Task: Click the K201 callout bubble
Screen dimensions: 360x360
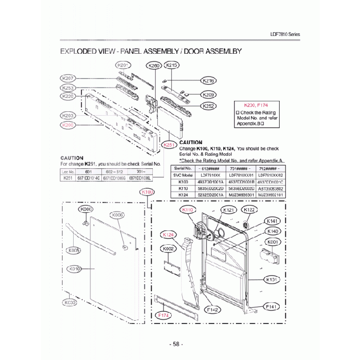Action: pyautogui.click(x=124, y=65)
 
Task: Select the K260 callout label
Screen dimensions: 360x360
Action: pyautogui.click(x=154, y=65)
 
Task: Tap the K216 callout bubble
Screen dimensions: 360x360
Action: pyautogui.click(x=209, y=80)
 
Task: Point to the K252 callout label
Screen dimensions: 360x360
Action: pyautogui.click(x=209, y=106)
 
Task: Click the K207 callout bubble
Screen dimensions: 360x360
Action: pyautogui.click(x=69, y=78)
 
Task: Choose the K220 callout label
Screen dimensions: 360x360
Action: pyautogui.click(x=69, y=96)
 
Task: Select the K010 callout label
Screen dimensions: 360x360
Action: pyautogui.click(x=75, y=269)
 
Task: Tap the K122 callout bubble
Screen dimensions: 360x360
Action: pyautogui.click(x=250, y=210)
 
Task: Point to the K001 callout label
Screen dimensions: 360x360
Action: pyautogui.click(x=272, y=242)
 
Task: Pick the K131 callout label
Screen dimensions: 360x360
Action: pyautogui.click(x=271, y=280)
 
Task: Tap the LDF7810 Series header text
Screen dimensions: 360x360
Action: pyautogui.click(x=285, y=34)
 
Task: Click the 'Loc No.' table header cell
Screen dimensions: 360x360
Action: pyautogui.click(x=68, y=172)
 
